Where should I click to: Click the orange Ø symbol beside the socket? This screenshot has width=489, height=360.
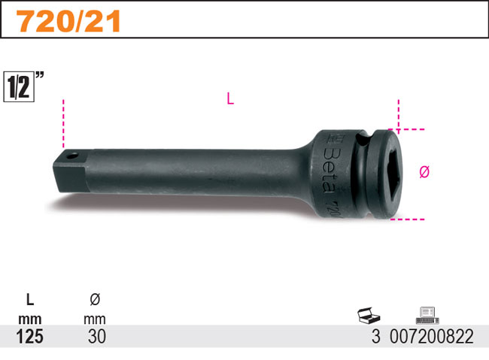pyautogui.click(x=424, y=172)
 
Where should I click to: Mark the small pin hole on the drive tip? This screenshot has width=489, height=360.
pyautogui.click(x=71, y=156)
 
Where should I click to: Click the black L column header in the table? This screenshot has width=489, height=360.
pyautogui.click(x=29, y=300)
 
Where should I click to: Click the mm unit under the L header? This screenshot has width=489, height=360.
pyautogui.click(x=29, y=319)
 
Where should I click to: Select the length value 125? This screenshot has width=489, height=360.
pyautogui.click(x=29, y=337)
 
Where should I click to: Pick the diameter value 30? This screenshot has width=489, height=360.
pyautogui.click(x=95, y=337)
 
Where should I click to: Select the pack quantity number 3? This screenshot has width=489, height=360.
pyautogui.click(x=375, y=337)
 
